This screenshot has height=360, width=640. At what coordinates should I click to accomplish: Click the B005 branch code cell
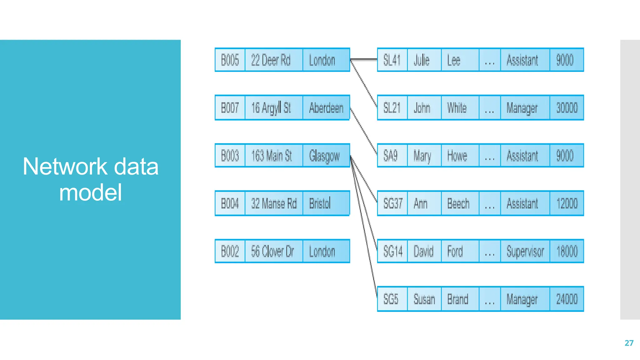point(230,60)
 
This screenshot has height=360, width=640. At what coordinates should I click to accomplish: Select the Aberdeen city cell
point(326,108)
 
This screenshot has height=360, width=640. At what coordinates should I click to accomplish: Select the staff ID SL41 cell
point(392,60)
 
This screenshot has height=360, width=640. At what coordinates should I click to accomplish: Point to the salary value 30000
point(567,108)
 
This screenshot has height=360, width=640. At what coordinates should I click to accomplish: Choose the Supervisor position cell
point(525,251)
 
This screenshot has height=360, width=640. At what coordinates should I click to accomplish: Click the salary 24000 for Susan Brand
point(567,299)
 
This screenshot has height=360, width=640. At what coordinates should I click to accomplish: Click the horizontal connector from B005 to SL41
point(363,59)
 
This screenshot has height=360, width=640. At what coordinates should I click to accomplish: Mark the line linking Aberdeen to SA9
point(363,131)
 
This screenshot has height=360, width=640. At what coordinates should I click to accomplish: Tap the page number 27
point(629,343)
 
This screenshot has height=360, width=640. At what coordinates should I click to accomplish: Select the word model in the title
point(90,192)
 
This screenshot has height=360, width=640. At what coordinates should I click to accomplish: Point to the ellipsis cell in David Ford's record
point(489,251)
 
